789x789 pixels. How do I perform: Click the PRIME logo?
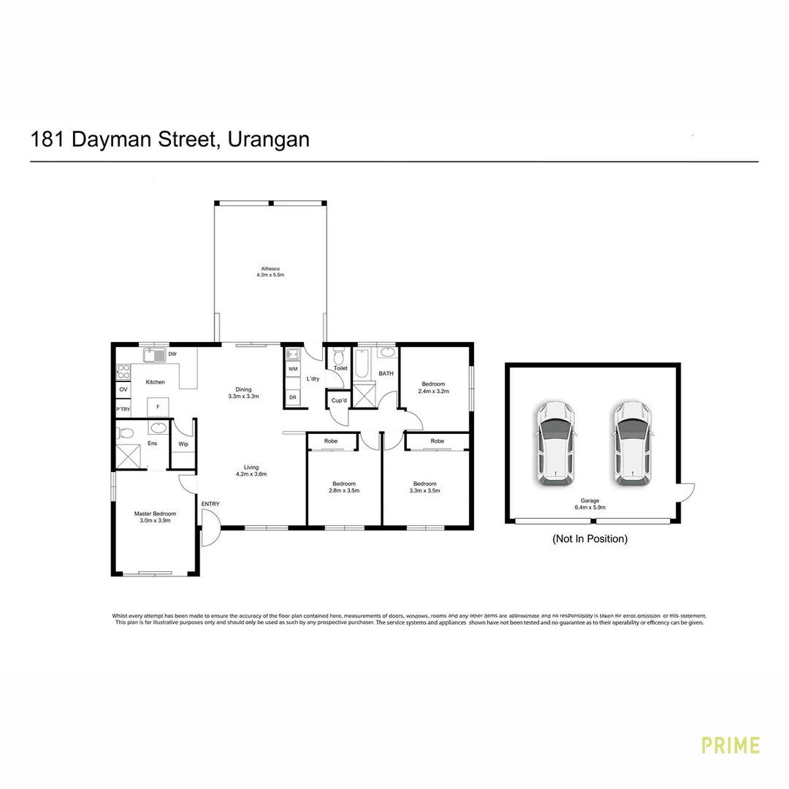(x=731, y=745)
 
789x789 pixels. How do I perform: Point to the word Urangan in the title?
(x=269, y=139)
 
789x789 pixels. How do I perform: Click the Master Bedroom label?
(x=155, y=514)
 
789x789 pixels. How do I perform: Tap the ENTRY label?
(x=210, y=504)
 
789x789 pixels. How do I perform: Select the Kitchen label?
(x=155, y=382)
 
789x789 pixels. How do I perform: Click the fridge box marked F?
(x=158, y=406)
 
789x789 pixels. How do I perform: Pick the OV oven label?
(x=123, y=389)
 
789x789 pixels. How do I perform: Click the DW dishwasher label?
(x=172, y=354)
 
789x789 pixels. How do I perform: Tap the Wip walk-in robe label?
(x=183, y=443)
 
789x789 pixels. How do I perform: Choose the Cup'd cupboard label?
(x=338, y=401)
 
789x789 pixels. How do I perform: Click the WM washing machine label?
(x=292, y=370)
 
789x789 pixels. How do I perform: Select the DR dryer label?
(x=292, y=397)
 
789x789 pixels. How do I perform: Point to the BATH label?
(x=386, y=373)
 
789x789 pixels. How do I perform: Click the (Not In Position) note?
(x=590, y=539)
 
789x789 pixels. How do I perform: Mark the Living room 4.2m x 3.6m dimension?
(x=251, y=474)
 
